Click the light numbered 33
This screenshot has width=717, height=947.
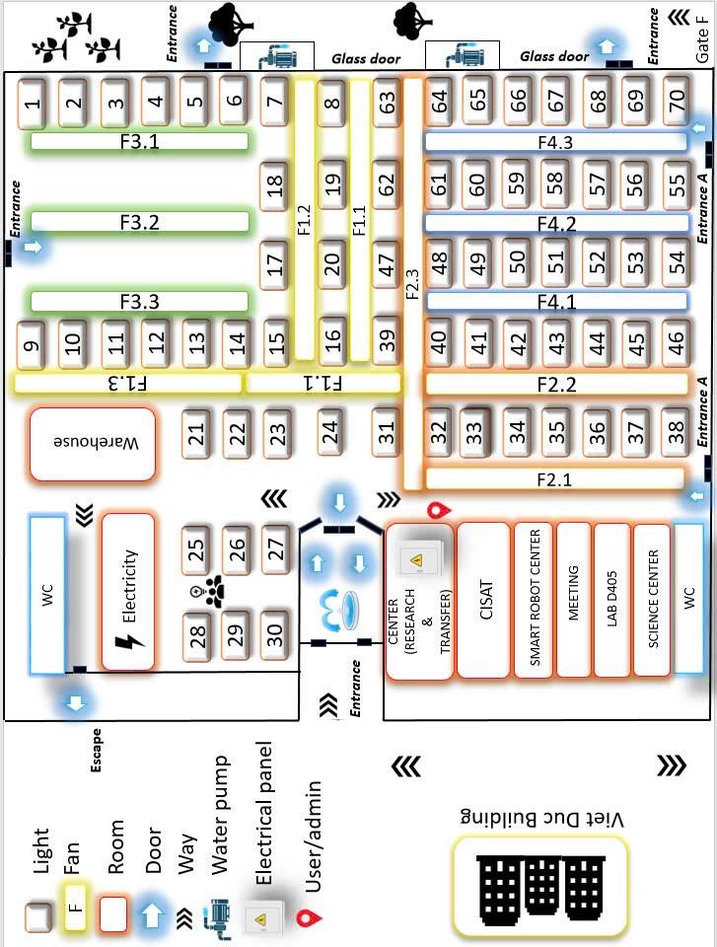[x=474, y=431]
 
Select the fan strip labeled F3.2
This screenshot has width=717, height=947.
[x=139, y=222]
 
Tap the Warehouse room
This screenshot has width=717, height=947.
[x=93, y=444]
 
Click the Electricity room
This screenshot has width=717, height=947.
[x=128, y=592]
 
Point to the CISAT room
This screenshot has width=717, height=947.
[x=484, y=601]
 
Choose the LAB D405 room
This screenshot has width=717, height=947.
[x=611, y=599]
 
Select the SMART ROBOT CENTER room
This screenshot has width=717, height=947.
[x=534, y=599]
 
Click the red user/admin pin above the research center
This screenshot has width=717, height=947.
[x=438, y=510]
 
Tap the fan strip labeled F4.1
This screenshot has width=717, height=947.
[x=556, y=301]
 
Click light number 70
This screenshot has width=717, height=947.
[x=677, y=101]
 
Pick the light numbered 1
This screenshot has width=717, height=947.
[x=32, y=104]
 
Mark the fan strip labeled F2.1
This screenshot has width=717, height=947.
[x=554, y=478]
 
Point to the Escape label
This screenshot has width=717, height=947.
[x=96, y=750]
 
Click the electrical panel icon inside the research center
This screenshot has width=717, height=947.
[x=417, y=559]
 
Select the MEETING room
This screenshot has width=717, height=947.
[x=574, y=599]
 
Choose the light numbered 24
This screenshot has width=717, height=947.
[x=329, y=431]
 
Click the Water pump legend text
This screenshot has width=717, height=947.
[x=220, y=815]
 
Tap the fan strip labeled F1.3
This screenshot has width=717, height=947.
[x=128, y=383]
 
